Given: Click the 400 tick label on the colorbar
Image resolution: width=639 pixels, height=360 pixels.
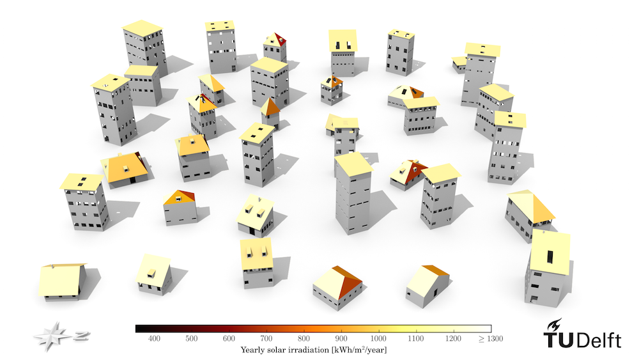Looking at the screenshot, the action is click(x=154, y=338).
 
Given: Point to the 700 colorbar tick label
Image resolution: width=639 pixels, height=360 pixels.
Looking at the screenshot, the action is click(x=266, y=338).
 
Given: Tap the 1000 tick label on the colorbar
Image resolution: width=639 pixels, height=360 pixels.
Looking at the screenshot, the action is click(x=378, y=338).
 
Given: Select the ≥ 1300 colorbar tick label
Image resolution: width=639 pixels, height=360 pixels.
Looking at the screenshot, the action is click(x=491, y=338).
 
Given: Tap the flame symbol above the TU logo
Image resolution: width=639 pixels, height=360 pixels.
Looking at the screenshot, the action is click(x=555, y=325).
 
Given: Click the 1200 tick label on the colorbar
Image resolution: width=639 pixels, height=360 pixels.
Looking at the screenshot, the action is click(x=453, y=338).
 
